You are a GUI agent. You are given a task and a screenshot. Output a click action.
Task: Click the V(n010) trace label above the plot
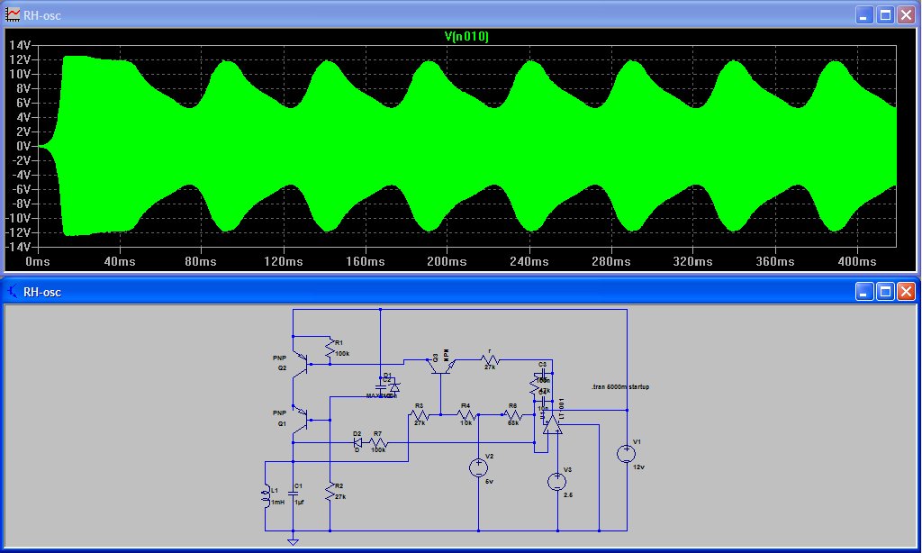pos(466,37)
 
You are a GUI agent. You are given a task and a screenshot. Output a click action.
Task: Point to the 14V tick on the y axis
pos(20,45)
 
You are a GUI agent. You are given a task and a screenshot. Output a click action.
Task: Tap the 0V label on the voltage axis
pos(23,146)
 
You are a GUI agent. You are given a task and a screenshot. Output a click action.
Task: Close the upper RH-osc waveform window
pos(905,15)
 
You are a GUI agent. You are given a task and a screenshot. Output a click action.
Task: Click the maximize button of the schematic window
pos(885,292)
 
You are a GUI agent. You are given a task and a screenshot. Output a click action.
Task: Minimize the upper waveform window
pos(864,15)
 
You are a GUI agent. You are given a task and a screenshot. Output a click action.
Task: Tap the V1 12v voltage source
pos(628,454)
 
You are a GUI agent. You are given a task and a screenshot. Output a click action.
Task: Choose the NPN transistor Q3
pos(439,362)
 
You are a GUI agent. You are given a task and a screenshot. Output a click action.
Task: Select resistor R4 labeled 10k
pos(466,414)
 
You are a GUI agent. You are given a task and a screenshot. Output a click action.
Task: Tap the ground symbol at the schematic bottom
pos(293,541)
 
